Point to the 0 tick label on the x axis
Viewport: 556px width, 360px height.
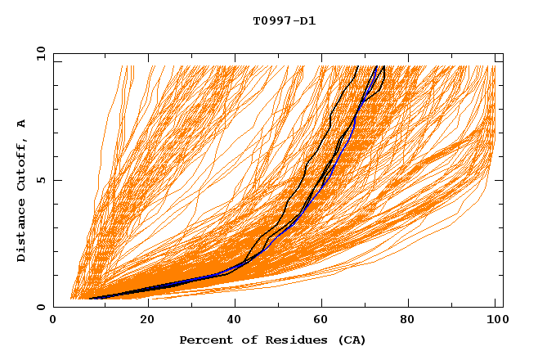pos(53,321)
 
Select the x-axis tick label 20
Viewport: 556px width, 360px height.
pos(143,321)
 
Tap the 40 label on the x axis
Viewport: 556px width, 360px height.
pos(233,321)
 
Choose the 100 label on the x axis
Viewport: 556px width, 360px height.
pos(498,321)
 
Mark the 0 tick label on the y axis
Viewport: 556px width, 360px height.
pos(41,308)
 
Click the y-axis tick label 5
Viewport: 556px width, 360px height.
pos(41,180)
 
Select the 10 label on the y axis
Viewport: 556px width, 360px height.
pos(38,53)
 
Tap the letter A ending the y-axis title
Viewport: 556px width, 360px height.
pos(21,123)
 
